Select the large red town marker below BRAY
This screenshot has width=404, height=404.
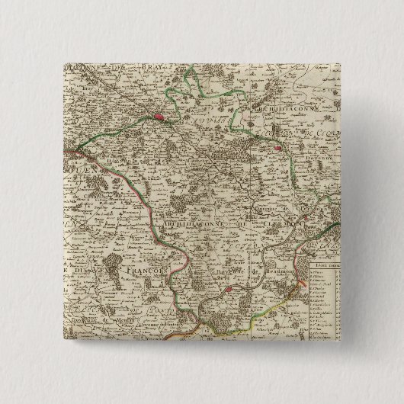pos(159,117)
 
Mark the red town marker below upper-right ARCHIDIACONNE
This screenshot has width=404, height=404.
pos(280,149)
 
